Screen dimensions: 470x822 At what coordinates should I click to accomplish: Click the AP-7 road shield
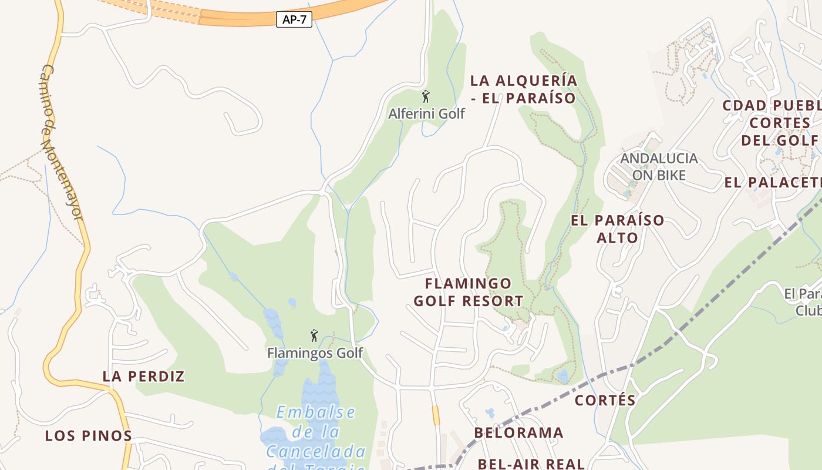click(x=294, y=19)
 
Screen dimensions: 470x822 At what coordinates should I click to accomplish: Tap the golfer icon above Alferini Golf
click(x=426, y=96)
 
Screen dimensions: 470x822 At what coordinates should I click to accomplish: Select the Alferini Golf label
click(x=426, y=113)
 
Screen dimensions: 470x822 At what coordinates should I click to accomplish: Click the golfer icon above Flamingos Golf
click(x=314, y=335)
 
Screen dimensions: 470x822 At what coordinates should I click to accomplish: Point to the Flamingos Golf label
click(x=315, y=353)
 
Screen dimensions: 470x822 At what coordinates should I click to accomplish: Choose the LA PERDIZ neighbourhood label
click(x=144, y=377)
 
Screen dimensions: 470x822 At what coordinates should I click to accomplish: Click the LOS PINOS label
click(x=89, y=436)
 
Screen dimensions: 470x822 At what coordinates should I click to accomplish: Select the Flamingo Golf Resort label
click(x=469, y=292)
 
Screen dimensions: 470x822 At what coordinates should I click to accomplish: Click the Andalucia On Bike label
click(x=659, y=166)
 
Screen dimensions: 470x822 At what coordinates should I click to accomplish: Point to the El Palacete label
click(x=773, y=182)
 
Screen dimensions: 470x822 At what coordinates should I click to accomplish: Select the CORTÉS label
click(x=605, y=401)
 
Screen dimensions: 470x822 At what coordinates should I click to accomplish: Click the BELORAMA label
click(x=519, y=433)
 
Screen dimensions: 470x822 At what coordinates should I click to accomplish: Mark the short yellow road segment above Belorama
click(x=436, y=415)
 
